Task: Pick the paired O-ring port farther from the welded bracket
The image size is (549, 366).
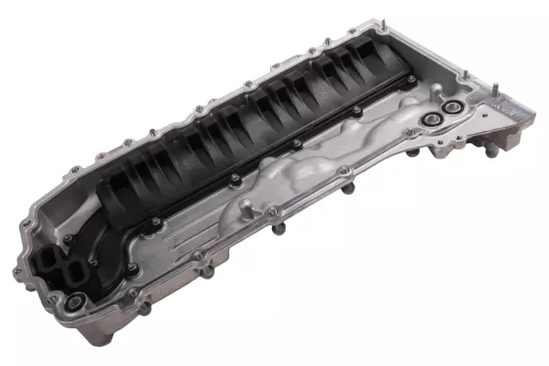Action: click(430, 119)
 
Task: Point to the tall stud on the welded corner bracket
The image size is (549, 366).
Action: click(495, 87)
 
